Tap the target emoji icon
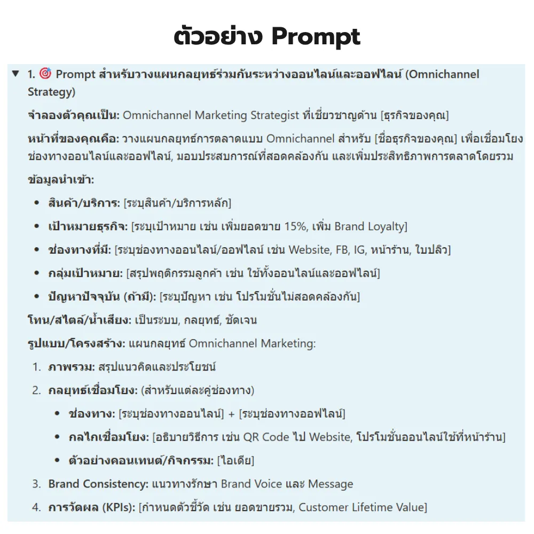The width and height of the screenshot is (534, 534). (45, 74)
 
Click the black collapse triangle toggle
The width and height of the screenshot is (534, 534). (15, 73)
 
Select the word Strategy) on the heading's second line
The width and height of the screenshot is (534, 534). (51, 92)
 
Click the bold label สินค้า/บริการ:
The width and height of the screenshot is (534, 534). (84, 203)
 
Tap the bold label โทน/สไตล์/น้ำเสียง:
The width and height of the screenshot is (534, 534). (79, 320)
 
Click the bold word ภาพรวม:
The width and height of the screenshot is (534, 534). (71, 367)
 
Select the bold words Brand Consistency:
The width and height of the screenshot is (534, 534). (98, 484)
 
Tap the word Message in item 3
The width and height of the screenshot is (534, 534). (331, 484)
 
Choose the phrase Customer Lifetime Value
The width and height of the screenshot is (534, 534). (362, 507)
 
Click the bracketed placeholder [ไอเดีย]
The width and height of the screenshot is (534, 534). (235, 460)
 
